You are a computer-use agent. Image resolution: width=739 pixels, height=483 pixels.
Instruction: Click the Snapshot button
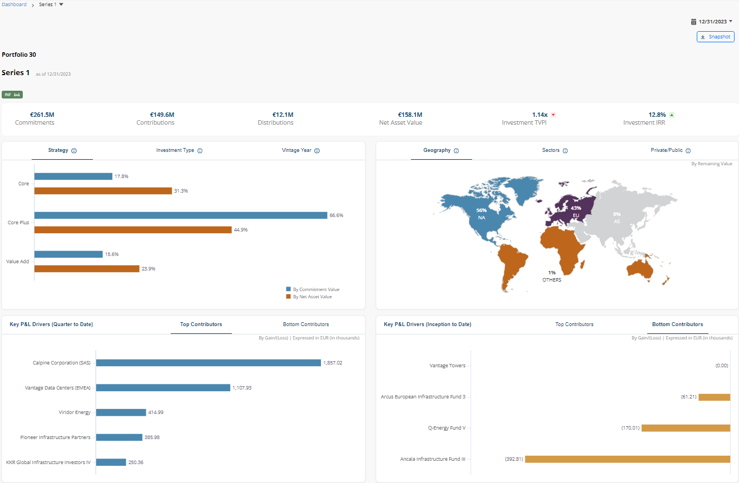(715, 37)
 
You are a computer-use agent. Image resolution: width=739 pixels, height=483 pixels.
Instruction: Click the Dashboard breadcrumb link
(14, 4)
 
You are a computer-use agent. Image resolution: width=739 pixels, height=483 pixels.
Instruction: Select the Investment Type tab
(175, 150)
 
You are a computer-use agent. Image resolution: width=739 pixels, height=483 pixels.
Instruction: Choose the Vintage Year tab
(297, 150)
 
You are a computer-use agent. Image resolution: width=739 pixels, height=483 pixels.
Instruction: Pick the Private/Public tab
(667, 150)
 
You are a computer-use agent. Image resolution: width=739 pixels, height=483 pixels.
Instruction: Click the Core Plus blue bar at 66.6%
(181, 215)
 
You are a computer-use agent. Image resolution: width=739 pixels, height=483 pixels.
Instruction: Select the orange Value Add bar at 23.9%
(87, 269)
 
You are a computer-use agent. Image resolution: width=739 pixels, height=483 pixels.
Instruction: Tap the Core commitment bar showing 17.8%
(73, 176)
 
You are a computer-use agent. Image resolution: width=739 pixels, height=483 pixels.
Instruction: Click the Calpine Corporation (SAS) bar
(209, 363)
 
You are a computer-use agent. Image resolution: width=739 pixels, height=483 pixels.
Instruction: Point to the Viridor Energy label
(75, 412)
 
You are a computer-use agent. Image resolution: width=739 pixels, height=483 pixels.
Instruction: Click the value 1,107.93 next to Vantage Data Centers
(242, 388)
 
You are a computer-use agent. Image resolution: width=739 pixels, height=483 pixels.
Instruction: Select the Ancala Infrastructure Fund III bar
(627, 459)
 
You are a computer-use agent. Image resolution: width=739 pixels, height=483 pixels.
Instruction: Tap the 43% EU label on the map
(576, 211)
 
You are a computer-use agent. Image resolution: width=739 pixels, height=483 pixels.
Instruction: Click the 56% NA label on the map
(482, 214)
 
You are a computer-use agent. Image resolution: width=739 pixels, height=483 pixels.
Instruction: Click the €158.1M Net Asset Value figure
(410, 115)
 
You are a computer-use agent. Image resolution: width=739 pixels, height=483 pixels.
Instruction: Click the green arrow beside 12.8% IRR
(672, 115)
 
